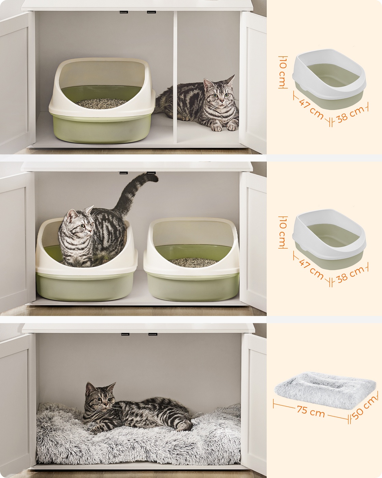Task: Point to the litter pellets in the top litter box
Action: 101,103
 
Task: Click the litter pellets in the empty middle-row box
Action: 193,263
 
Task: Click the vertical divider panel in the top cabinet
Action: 175,76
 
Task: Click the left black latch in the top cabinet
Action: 122,12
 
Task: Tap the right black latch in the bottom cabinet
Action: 153,334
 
